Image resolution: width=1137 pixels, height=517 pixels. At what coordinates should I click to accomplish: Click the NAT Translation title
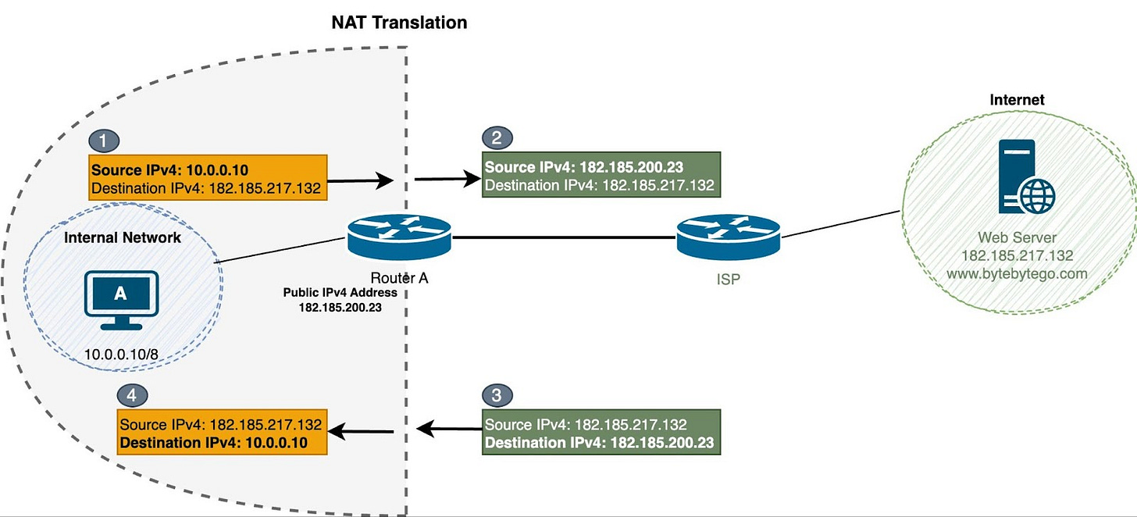399,22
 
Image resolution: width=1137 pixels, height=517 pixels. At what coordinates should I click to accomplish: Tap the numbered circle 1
103,141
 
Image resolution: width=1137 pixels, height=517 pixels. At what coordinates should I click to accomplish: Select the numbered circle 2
497,138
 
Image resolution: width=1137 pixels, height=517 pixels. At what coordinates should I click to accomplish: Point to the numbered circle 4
131,395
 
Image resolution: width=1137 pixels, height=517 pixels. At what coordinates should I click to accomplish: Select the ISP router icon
728,236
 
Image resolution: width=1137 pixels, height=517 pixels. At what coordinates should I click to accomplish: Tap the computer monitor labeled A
120,297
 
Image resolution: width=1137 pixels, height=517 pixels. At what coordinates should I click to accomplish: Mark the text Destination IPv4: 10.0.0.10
212,443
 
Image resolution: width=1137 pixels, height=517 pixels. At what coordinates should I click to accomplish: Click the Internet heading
1017,100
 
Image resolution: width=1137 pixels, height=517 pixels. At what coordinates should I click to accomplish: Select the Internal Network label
123,238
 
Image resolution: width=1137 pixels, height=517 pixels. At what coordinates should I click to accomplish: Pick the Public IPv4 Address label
340,293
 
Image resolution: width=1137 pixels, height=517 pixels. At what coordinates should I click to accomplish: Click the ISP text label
727,278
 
